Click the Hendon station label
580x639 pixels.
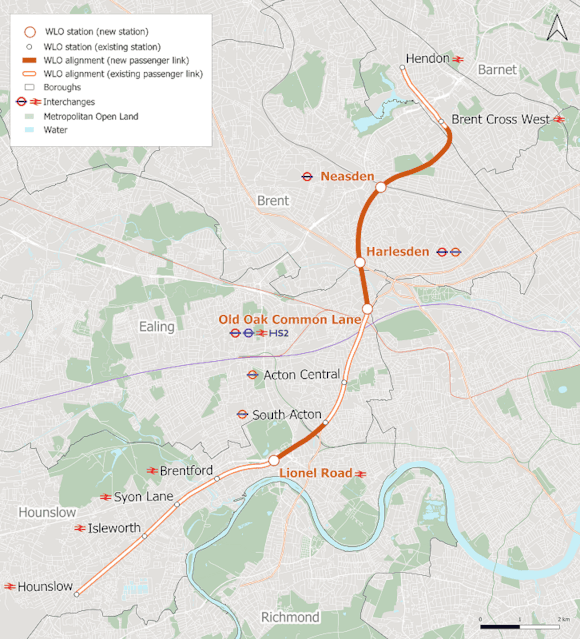coord(427,59)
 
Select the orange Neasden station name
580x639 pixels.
coord(347,177)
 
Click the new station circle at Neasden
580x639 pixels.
coord(380,187)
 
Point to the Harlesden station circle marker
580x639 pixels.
coord(359,262)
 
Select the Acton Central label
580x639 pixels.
coord(301,375)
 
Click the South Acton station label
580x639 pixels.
coord(286,414)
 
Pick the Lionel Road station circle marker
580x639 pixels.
coord(273,460)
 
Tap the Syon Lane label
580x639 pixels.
coord(143,497)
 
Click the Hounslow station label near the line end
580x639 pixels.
coord(46,587)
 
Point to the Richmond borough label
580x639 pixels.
coord(290,617)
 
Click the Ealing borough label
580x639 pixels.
coord(157,327)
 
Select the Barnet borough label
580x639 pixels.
coord(497,70)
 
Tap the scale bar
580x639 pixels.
coord(519,623)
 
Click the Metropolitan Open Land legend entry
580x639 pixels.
coord(91,116)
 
